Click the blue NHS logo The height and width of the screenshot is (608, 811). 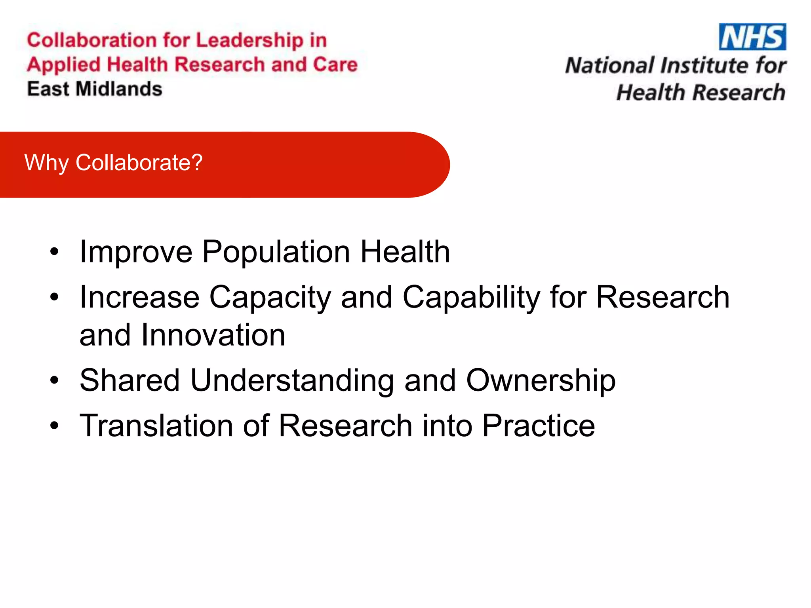point(752,37)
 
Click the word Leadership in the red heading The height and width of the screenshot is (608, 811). point(249,41)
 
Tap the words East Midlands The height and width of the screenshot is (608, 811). point(95,89)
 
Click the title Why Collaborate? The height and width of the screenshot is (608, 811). point(114,163)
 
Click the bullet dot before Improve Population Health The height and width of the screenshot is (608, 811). point(54,252)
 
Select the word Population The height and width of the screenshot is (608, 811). point(276,252)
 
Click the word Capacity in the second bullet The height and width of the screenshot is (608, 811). point(270,298)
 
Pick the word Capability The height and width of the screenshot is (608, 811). point(471,298)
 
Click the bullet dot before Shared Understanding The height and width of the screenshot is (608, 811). point(54,381)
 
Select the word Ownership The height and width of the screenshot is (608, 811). point(541,381)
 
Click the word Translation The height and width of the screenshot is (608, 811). point(156,426)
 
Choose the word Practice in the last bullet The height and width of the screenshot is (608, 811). point(539,426)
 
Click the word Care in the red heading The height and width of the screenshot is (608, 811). point(335,65)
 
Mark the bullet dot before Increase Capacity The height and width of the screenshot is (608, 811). point(54,297)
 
